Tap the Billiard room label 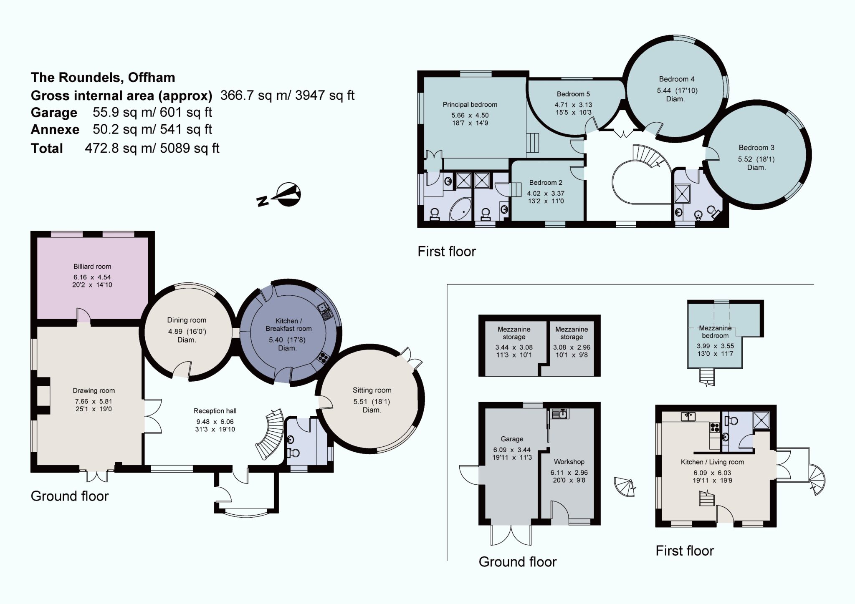click(92, 267)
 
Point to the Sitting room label click(372, 390)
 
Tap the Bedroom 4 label click(677, 79)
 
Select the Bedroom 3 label click(756, 148)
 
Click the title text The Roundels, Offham click(103, 78)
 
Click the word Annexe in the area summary click(55, 129)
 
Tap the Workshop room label click(569, 462)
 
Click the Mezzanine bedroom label click(715, 332)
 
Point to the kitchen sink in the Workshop click(559, 414)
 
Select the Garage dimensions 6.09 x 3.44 click(512, 450)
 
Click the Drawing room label click(94, 391)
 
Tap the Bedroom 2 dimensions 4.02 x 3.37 click(546, 194)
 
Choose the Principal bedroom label click(470, 105)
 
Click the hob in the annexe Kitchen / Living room click(714, 427)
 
